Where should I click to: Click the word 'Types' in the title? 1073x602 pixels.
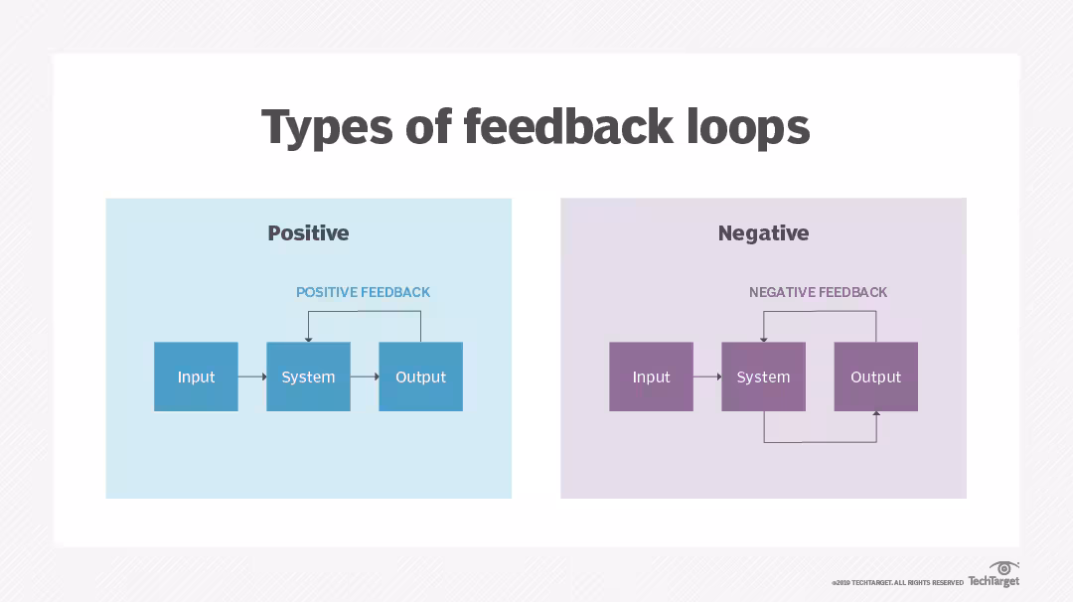(326, 128)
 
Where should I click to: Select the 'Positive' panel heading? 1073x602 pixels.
(308, 233)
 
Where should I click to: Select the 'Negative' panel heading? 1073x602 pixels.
(763, 233)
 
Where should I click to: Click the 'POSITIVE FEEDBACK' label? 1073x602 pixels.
(363, 292)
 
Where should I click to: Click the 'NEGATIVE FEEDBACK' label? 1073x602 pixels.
(818, 292)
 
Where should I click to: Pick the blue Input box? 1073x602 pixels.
(196, 376)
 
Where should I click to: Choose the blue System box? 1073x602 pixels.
(308, 376)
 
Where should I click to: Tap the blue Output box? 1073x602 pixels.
(420, 376)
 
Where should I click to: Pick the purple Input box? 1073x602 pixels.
(651, 376)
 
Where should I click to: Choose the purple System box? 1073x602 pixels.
(763, 376)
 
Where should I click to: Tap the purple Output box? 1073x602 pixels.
(875, 376)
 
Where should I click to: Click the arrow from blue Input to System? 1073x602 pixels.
(252, 376)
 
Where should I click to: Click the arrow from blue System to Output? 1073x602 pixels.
(365, 376)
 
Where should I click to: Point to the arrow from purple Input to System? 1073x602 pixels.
(707, 376)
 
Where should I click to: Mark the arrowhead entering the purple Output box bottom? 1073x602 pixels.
(876, 414)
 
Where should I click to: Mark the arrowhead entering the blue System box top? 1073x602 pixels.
(308, 339)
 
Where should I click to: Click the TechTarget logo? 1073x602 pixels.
(996, 575)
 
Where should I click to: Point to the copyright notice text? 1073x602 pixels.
(897, 582)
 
